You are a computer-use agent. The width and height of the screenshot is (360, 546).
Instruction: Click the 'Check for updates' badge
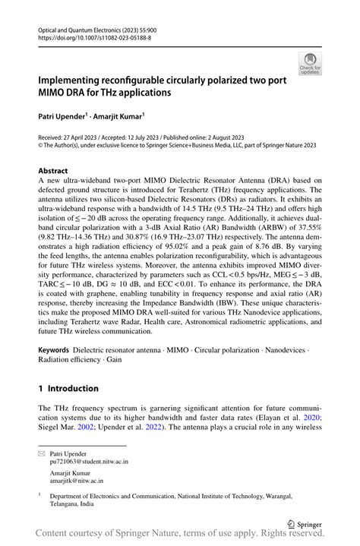coord(309,64)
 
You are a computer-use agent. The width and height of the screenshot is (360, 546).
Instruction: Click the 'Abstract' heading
coord(53,171)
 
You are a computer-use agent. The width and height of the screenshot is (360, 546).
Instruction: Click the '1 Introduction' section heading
coord(68,388)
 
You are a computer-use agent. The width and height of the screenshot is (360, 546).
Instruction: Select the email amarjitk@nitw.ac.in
coord(77,481)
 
